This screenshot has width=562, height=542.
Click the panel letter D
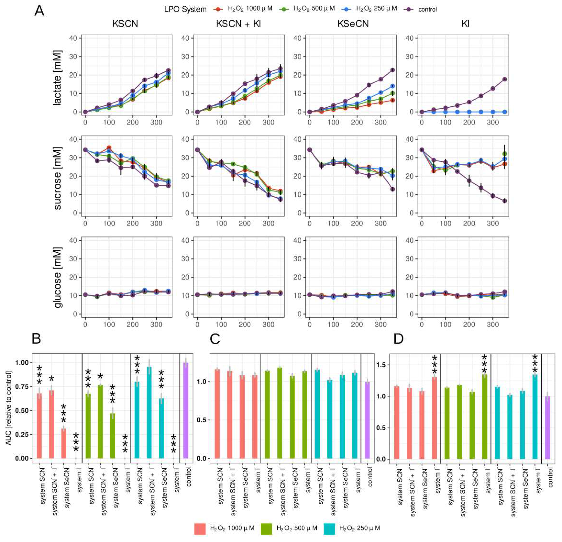pos(399,339)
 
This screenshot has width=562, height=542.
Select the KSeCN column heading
pos(353,24)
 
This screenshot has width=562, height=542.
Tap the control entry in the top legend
pos(427,9)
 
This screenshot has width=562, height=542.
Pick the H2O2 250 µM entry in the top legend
pos(376,9)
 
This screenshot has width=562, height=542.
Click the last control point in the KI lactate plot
pos(505,79)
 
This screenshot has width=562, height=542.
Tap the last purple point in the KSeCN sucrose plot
pos(393,189)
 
